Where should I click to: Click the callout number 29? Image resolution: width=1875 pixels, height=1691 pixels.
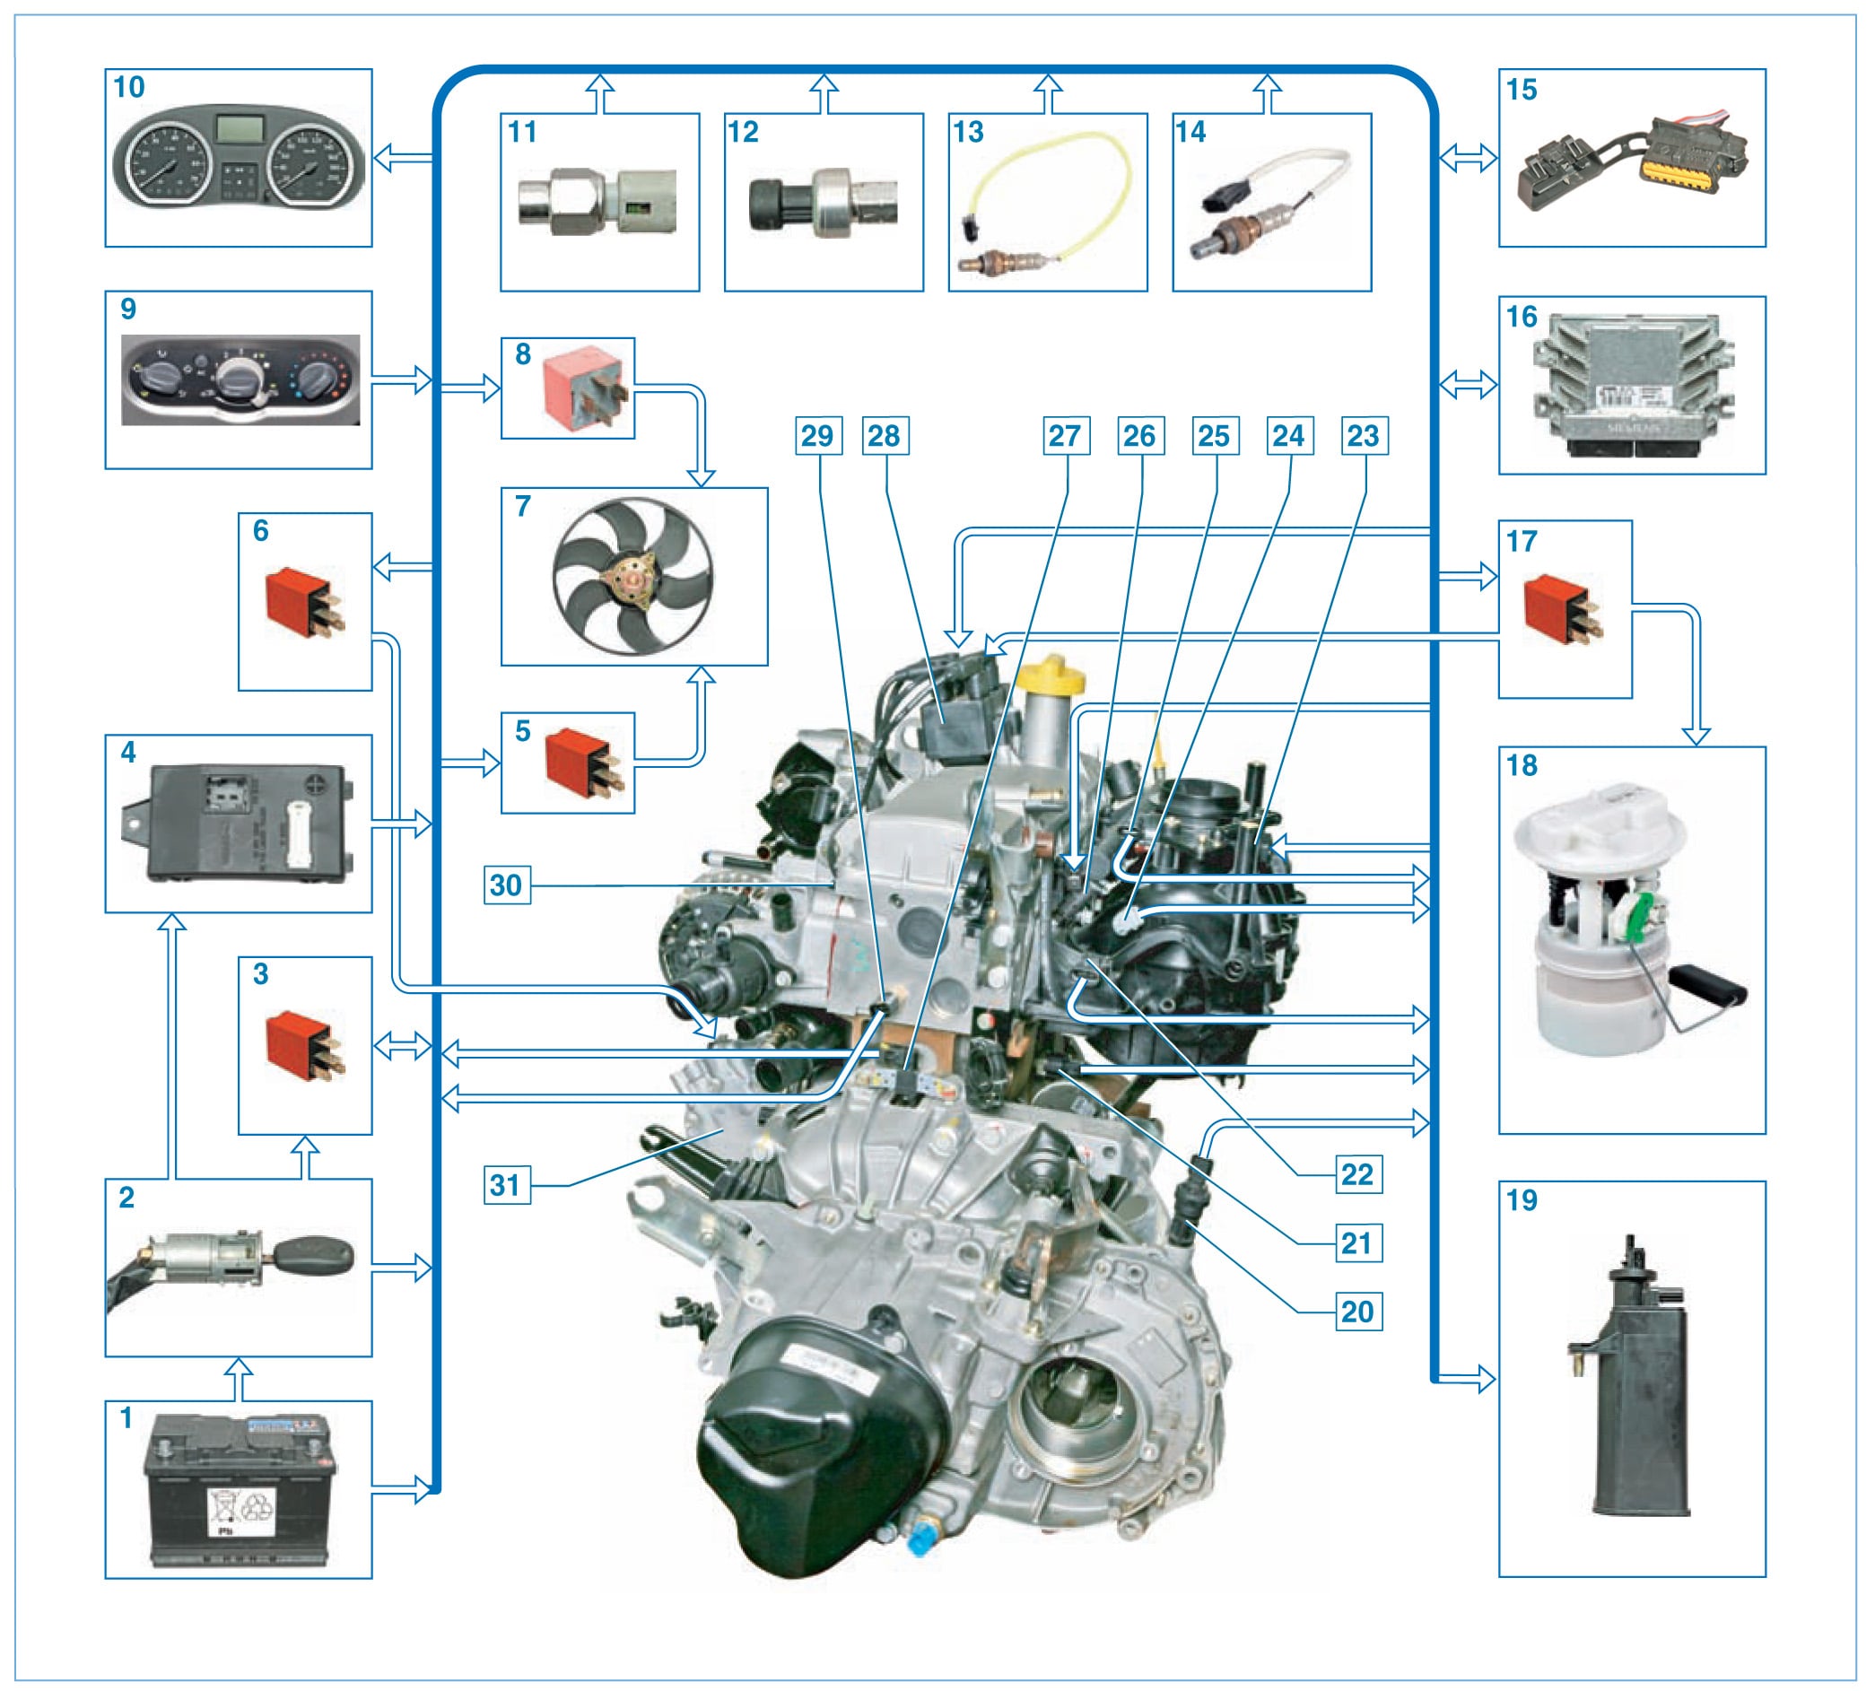pyautogui.click(x=817, y=436)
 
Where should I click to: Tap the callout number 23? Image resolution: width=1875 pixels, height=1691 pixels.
pyautogui.click(x=1364, y=436)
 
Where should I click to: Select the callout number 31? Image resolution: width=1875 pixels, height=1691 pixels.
pyautogui.click(x=506, y=1186)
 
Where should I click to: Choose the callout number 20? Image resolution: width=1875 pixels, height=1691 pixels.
pyautogui.click(x=1357, y=1312)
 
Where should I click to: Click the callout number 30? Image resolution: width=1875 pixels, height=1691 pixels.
pyautogui.click(x=506, y=885)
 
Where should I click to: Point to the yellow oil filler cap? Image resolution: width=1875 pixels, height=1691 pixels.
pyautogui.click(x=1051, y=676)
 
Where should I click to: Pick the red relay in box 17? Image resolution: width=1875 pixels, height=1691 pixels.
pyautogui.click(x=1563, y=609)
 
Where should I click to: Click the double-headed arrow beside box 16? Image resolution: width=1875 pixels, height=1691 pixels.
pyautogui.click(x=1467, y=384)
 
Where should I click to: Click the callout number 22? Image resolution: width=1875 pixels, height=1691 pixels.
pyautogui.click(x=1357, y=1174)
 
